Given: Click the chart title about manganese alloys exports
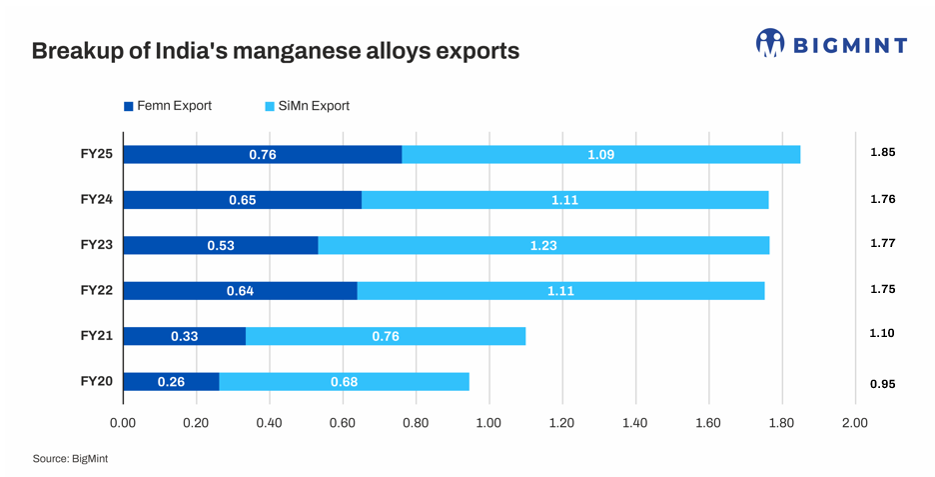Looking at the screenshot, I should point(276,51).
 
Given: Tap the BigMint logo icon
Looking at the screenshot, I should point(770,43).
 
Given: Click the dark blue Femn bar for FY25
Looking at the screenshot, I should point(262,154).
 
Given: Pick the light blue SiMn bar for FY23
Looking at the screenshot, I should point(543,245).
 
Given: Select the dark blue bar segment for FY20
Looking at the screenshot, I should point(171,381).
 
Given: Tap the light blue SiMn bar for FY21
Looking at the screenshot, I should point(386,336).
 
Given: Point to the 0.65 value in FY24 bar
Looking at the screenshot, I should point(242,200).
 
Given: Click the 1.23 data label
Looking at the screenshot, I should point(543,245).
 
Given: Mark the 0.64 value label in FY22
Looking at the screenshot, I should point(239,291).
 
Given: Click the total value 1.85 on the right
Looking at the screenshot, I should point(882,152).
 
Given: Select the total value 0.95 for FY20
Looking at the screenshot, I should point(882,383).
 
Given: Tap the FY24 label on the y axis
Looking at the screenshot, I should point(96,198).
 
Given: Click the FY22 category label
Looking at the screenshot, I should point(96,289).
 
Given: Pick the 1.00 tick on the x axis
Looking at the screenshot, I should point(488,423).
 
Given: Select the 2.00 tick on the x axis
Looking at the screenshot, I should point(855,423).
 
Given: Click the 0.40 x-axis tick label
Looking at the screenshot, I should point(269,423).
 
